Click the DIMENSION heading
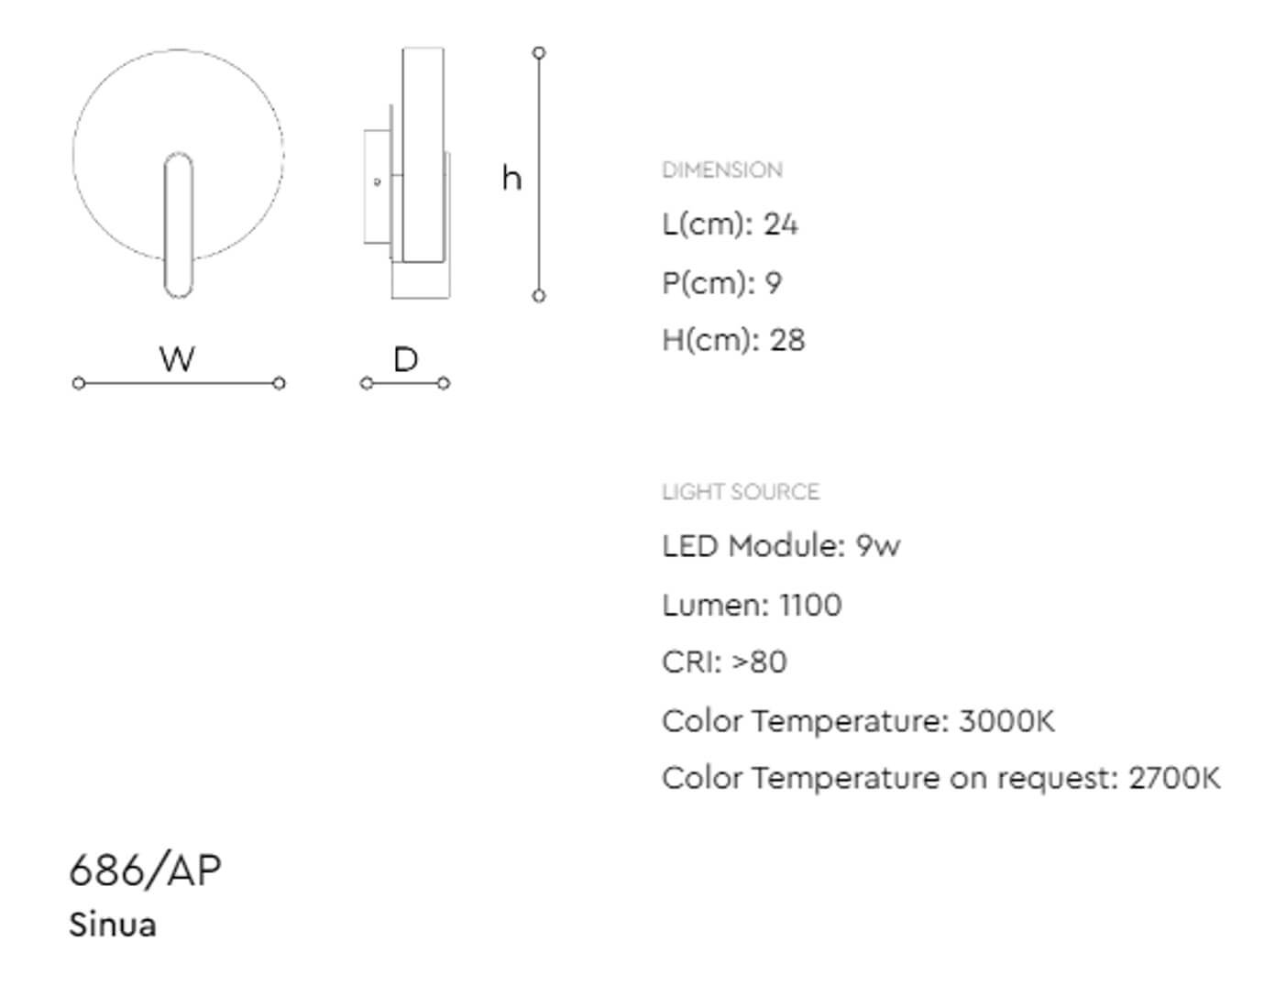pos(721,170)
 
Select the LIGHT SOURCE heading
pos(741,492)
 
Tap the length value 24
pos(780,224)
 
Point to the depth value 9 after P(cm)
pos(774,282)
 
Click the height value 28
pos(787,340)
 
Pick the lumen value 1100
pos(810,605)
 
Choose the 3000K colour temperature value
pos(1006,720)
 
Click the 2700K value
pos(1174,778)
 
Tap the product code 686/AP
pos(145,870)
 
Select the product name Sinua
pos(113,925)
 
